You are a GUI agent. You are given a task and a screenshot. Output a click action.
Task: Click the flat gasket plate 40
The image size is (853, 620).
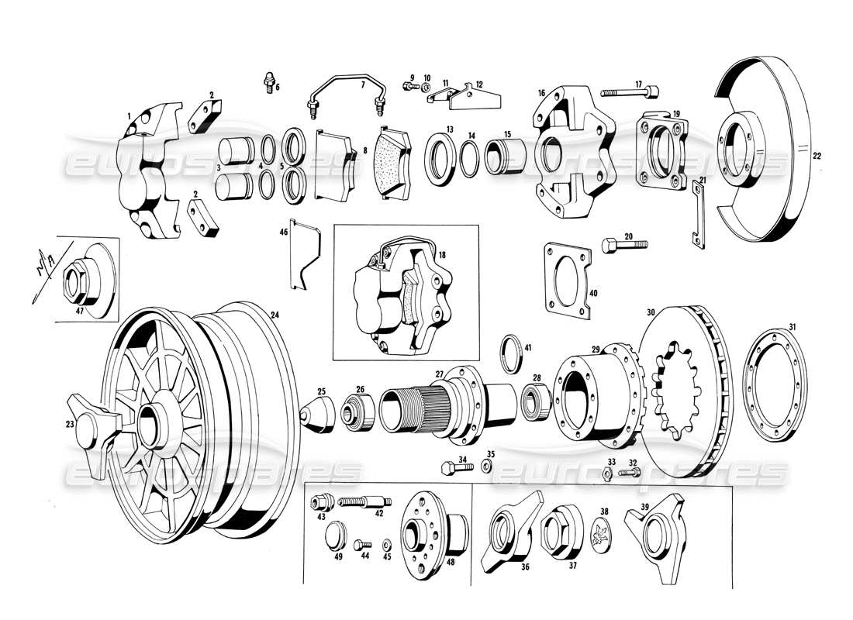tap(569, 280)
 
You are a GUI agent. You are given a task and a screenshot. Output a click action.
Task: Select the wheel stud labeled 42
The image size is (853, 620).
tap(361, 503)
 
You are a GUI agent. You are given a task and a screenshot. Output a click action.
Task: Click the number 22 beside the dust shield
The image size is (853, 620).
tap(817, 156)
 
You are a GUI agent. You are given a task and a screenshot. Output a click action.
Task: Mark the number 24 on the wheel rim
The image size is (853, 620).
tap(274, 315)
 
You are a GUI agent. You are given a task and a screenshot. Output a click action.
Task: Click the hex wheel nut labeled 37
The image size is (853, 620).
tap(558, 533)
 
